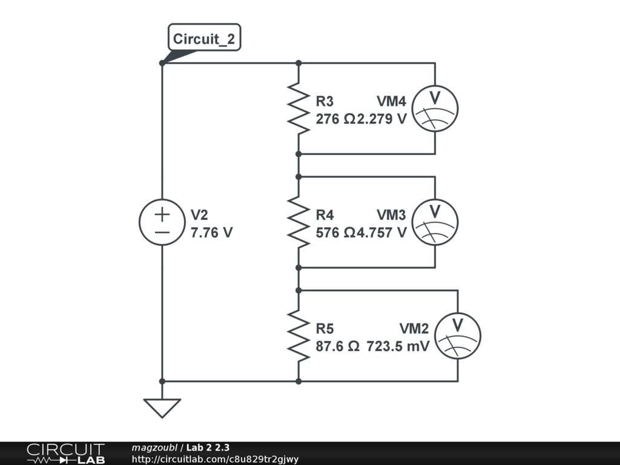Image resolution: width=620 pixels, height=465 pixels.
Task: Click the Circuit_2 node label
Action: click(203, 39)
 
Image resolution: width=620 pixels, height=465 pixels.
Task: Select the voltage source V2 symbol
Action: click(162, 222)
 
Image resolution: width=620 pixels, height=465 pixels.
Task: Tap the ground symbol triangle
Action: click(162, 407)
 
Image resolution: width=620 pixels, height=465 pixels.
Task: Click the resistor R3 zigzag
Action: click(298, 108)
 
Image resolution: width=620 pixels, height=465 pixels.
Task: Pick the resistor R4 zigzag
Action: click(298, 222)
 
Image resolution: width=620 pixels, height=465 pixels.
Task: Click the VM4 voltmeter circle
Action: click(435, 108)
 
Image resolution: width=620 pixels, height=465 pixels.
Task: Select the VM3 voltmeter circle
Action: click(435, 222)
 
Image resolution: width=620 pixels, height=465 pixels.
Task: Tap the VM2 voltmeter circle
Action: click(458, 336)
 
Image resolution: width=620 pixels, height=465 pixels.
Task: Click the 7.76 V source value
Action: click(211, 232)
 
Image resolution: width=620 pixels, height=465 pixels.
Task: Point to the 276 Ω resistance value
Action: click(335, 119)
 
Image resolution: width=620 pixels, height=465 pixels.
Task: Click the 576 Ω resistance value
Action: click(335, 232)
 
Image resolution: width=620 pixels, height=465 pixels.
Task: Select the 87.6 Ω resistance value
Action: click(338, 347)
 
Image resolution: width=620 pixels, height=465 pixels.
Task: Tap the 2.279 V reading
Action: click(382, 119)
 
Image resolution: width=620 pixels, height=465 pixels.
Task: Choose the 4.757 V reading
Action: click(382, 232)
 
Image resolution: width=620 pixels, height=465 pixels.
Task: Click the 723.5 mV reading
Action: click(398, 347)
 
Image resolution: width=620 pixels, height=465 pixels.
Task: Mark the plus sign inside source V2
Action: click(162, 214)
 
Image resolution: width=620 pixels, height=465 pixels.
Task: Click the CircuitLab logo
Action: click(65, 453)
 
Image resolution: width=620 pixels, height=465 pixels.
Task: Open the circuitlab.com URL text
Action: click(215, 459)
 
